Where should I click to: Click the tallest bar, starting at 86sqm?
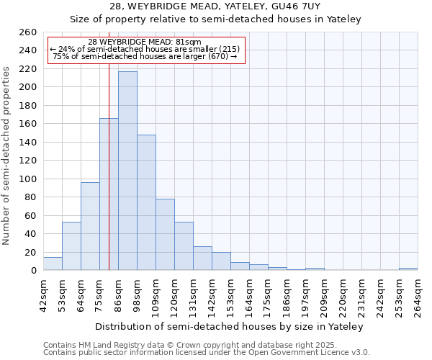[127, 171]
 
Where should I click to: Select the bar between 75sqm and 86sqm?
[109, 194]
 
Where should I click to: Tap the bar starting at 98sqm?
[146, 202]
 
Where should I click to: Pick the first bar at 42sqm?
[53, 264]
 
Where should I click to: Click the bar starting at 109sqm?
[165, 235]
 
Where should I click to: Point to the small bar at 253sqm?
[408, 269]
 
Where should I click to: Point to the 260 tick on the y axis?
[27, 32]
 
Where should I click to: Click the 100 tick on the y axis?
[27, 179]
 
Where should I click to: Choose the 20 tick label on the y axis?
[30, 253]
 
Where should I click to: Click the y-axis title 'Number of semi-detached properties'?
[7, 155]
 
